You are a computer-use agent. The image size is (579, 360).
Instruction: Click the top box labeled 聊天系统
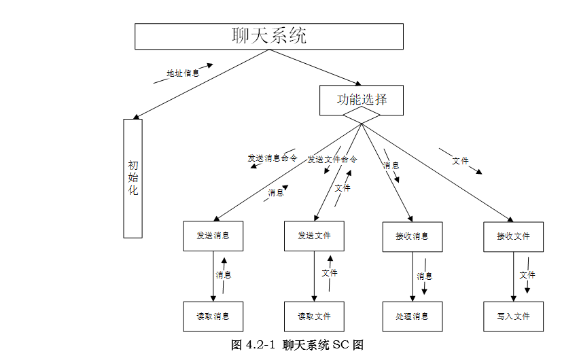point(268,36)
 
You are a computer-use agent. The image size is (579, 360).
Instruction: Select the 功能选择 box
point(362,100)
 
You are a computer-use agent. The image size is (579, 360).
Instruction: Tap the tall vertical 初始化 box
point(133,179)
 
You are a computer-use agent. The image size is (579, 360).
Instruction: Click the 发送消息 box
point(213,236)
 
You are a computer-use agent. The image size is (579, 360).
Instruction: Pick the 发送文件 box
point(314,236)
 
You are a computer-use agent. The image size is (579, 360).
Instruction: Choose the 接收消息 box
point(412,236)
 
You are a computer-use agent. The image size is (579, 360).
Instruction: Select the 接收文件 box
point(513,236)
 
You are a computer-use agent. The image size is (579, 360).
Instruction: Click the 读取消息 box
point(213,317)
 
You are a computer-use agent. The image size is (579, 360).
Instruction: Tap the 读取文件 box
point(314,317)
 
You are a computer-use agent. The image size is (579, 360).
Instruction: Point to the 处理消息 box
point(412,317)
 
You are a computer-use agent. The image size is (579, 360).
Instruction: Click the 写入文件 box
point(513,317)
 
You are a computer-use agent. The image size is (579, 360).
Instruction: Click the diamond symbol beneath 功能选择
point(362,120)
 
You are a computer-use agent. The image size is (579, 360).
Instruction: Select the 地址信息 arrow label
point(183,73)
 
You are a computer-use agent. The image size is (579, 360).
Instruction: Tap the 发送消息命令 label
point(273,158)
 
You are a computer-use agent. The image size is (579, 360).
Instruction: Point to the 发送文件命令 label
point(332,160)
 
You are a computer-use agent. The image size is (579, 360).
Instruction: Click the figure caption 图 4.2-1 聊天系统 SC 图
point(298,344)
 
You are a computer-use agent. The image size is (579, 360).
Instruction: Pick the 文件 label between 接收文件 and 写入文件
point(527,275)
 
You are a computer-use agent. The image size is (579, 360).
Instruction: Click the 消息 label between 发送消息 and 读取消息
point(224,275)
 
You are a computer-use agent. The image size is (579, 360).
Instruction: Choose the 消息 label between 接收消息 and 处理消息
point(425,276)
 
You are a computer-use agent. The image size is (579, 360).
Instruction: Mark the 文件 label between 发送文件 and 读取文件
point(330,273)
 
